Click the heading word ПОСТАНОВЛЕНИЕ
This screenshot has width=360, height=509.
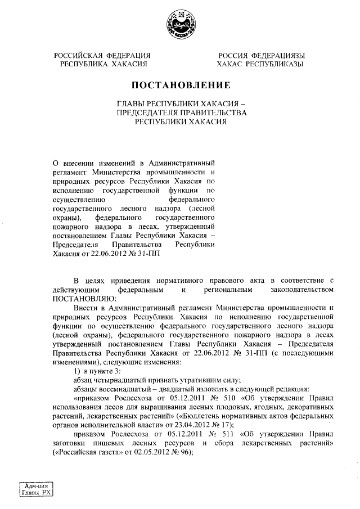tap(180, 86)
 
